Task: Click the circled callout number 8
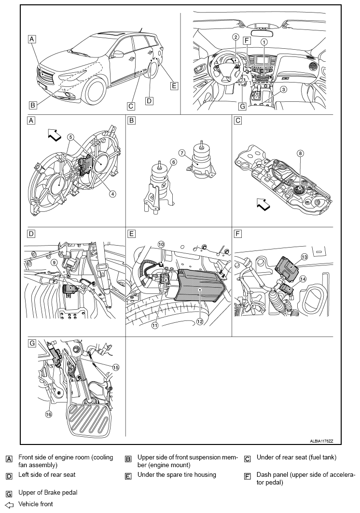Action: [x=301, y=153]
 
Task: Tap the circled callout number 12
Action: [x=200, y=321]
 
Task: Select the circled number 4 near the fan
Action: [x=112, y=194]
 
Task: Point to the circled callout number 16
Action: [x=49, y=414]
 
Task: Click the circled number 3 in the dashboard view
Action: [x=283, y=89]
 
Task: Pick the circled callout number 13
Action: [x=305, y=257]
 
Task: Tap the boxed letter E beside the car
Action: [x=174, y=86]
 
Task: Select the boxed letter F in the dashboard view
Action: [x=247, y=41]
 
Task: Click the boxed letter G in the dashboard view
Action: [x=242, y=106]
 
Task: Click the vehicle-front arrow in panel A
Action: [x=55, y=135]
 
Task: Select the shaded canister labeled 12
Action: [x=200, y=285]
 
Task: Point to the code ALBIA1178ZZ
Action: [x=321, y=441]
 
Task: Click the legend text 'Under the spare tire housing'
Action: [x=177, y=474]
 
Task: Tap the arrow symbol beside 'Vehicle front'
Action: [x=9, y=504]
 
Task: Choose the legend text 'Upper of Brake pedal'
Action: [x=48, y=492]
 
